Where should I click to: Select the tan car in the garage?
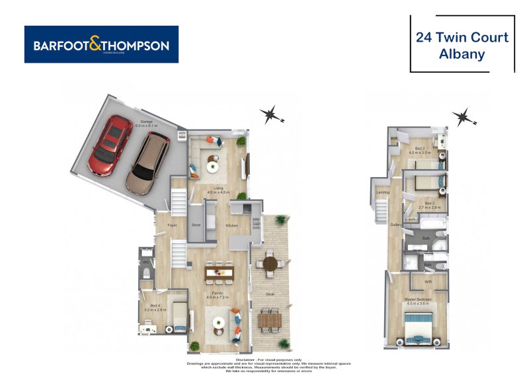pyautogui.click(x=148, y=162)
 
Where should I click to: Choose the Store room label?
pyautogui.click(x=196, y=225)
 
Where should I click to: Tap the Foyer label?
pyautogui.click(x=172, y=225)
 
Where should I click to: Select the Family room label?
pyautogui.click(x=216, y=293)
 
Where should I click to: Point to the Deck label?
pyautogui.click(x=269, y=294)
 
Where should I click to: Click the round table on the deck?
pyautogui.click(x=271, y=264)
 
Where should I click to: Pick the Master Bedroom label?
pyautogui.click(x=418, y=299)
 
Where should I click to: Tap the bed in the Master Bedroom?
pyautogui.click(x=417, y=328)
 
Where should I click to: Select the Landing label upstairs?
pyautogui.click(x=382, y=192)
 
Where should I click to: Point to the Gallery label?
pyautogui.click(x=396, y=225)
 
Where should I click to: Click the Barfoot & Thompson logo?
pyautogui.click(x=101, y=45)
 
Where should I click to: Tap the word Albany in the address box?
pyautogui.click(x=462, y=54)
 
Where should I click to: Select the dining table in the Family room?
pyautogui.click(x=219, y=272)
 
